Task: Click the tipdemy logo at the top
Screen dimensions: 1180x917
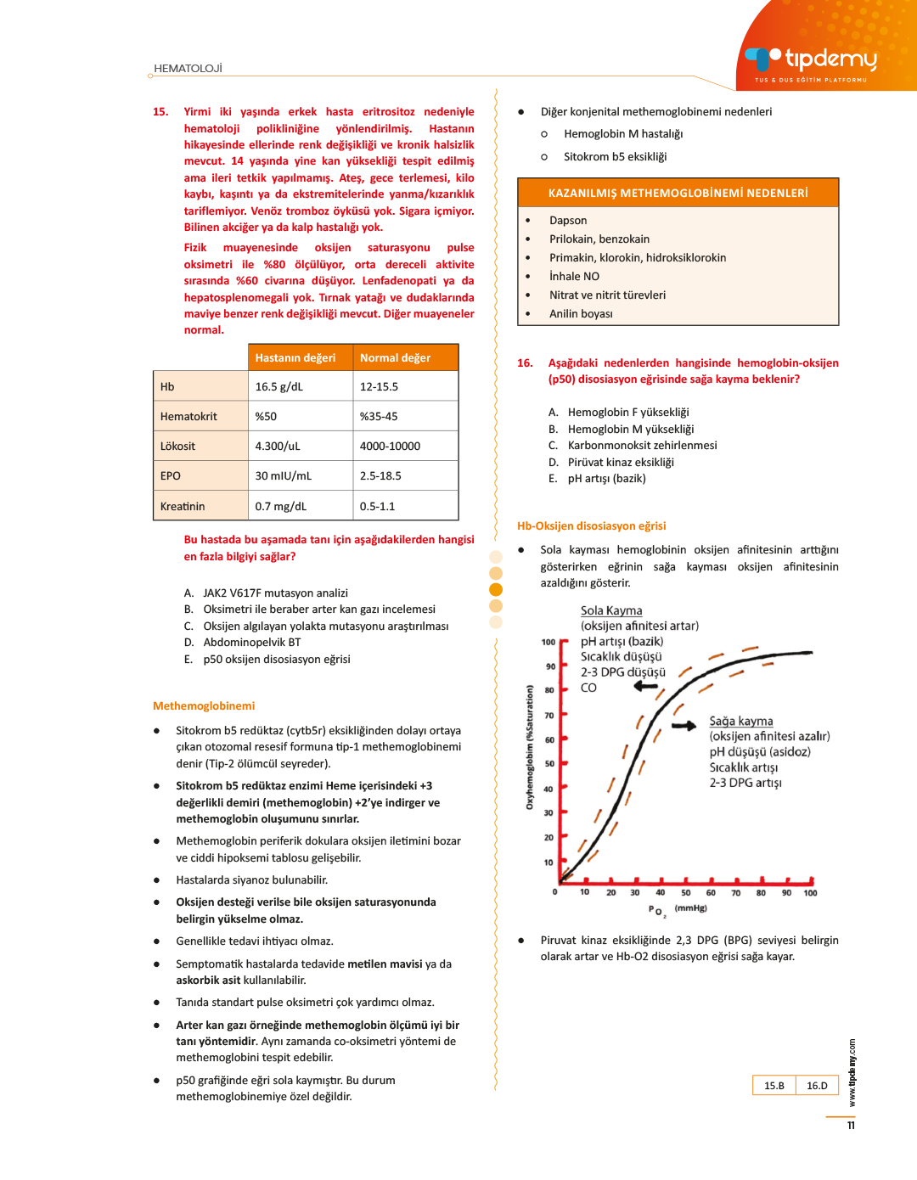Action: (811, 60)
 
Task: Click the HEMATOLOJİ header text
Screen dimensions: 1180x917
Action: (188, 69)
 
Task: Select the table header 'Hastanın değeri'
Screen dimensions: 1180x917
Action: (295, 358)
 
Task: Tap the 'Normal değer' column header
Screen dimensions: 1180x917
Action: (395, 358)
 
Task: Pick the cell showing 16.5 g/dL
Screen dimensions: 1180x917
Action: (279, 387)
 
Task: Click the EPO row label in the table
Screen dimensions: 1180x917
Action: (171, 476)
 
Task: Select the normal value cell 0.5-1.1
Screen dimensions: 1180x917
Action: (377, 507)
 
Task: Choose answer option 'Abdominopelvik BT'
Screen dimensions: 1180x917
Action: (251, 643)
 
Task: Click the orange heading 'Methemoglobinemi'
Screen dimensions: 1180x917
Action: (204, 706)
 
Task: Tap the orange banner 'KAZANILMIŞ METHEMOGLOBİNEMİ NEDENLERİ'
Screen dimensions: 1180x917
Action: (678, 194)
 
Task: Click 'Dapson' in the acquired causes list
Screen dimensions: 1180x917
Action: (568, 221)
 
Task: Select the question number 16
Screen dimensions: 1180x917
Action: (525, 363)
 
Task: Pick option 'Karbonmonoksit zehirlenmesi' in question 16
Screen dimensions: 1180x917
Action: (642, 446)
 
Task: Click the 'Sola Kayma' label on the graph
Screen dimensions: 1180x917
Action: (611, 611)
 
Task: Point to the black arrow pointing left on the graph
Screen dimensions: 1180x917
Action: (646, 686)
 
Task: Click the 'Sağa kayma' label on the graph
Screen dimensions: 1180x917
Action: (741, 722)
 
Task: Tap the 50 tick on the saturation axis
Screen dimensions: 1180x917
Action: (549, 764)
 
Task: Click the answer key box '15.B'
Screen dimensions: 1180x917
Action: (774, 1086)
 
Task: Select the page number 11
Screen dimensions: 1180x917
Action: (851, 1126)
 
